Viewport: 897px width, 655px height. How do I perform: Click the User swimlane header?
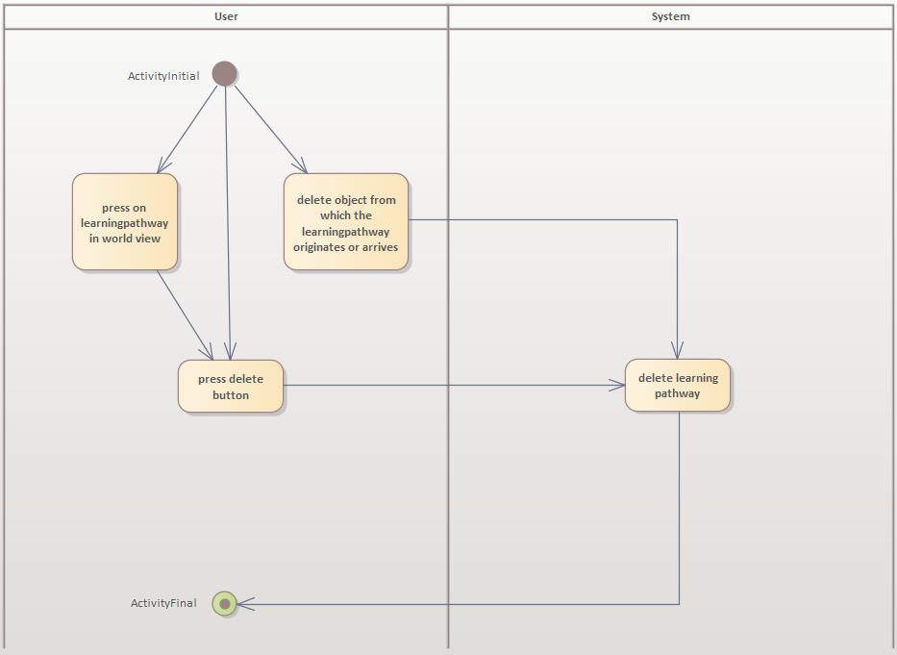point(226,16)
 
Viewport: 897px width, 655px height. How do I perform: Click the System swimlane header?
point(670,16)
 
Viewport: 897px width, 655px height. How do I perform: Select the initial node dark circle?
point(224,74)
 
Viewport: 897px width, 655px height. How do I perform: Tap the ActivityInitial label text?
point(163,76)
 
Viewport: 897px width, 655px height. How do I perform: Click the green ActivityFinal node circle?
point(224,604)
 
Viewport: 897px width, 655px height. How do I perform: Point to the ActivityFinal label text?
point(163,604)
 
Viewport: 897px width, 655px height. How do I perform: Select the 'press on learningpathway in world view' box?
point(125,222)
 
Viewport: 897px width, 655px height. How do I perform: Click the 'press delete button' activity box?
point(231,387)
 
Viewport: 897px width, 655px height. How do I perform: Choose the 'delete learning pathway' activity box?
point(678,386)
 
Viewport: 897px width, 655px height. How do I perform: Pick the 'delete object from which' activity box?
point(346,222)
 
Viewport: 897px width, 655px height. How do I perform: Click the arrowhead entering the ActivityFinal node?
point(244,604)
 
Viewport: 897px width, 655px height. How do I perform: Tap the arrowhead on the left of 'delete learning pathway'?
point(617,386)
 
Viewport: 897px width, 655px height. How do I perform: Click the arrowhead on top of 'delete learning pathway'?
point(678,352)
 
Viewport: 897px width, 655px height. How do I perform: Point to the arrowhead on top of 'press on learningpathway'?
point(162,166)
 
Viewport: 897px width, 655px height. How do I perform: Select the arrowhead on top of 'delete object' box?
point(300,166)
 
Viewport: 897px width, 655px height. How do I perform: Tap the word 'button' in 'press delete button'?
point(231,395)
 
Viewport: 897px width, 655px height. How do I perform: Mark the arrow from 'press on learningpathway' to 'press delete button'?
point(185,315)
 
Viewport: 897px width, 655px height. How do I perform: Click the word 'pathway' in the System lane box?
point(678,393)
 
